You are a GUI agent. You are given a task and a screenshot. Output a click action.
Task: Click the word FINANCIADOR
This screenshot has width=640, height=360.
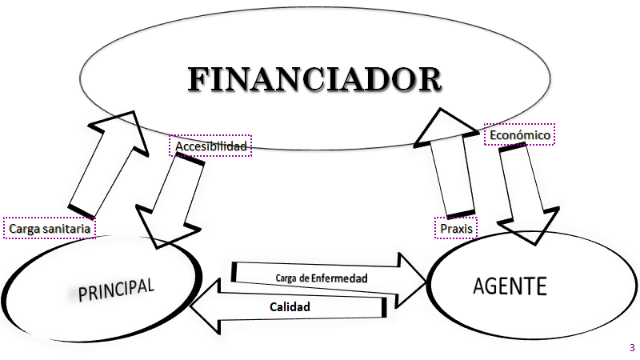[314, 80]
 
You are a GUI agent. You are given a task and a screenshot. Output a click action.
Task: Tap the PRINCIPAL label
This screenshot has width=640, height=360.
[116, 290]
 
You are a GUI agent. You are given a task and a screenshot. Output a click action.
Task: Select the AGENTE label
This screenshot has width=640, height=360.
[510, 286]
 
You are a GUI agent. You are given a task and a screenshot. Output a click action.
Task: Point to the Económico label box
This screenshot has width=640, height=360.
[519, 136]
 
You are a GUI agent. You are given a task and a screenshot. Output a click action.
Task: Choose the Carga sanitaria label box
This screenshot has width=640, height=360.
[49, 228]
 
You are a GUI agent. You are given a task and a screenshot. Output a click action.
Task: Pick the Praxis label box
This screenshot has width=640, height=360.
[455, 228]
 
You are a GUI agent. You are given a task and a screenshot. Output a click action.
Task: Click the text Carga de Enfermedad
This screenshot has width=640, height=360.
[321, 278]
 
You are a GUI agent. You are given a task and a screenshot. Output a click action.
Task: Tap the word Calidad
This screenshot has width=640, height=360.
[290, 306]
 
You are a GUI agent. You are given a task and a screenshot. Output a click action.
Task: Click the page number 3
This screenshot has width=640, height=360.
[632, 347]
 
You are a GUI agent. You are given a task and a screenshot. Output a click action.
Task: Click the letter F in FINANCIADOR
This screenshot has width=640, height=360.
[204, 81]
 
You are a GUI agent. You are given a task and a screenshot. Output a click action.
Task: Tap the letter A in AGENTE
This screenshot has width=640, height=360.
[480, 286]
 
